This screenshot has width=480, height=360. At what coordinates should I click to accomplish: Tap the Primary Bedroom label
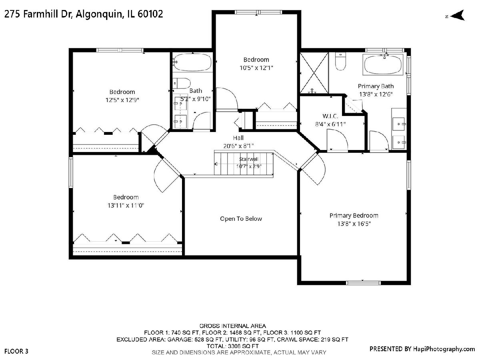(354, 216)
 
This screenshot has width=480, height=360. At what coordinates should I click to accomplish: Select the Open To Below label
(241, 219)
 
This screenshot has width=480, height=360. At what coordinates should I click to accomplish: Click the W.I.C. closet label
(330, 116)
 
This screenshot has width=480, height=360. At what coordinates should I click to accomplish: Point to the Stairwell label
(249, 159)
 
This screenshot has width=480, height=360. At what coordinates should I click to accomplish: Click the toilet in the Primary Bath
(340, 62)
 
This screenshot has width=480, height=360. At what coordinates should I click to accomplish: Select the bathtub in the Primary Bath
(383, 65)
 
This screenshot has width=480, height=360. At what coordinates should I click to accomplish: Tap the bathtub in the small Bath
(192, 62)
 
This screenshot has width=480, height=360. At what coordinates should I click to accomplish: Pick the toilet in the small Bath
(182, 83)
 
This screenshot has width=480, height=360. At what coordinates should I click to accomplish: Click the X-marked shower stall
(314, 73)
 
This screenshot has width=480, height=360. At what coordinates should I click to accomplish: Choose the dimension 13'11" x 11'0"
(126, 206)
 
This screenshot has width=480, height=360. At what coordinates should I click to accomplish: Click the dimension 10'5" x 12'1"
(256, 68)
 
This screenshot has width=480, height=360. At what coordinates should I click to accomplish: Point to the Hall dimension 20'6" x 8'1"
(238, 146)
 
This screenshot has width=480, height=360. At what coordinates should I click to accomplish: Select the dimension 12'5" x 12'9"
(122, 100)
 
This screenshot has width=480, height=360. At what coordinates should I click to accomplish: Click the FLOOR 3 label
(16, 352)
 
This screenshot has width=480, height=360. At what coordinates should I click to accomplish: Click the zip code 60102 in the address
(150, 14)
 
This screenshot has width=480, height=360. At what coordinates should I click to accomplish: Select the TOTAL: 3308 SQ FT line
(233, 346)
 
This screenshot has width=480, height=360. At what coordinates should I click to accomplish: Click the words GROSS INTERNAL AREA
(233, 326)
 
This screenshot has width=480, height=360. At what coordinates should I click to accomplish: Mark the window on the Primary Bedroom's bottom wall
(363, 283)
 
